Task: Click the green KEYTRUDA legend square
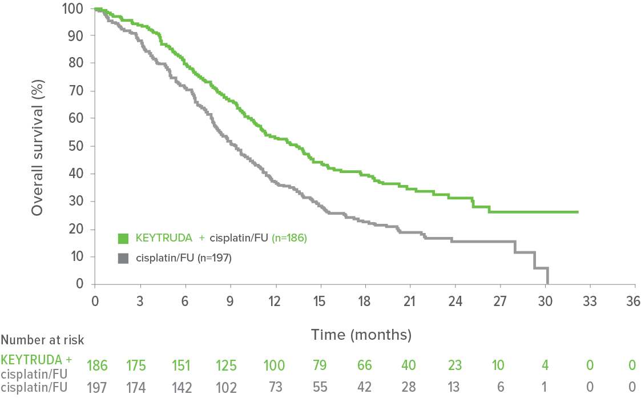[x=122, y=238]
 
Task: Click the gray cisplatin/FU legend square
[x=122, y=259]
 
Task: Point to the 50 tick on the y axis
[x=81, y=146]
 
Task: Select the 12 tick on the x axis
[x=275, y=301]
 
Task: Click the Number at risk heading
[x=42, y=341]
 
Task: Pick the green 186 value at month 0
[x=96, y=364]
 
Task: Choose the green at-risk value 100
[x=275, y=364]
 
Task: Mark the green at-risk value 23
[x=455, y=364]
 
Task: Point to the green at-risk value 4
[x=545, y=364]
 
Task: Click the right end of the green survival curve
[x=578, y=212]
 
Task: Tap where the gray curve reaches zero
[x=548, y=283]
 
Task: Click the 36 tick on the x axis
[x=632, y=301]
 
